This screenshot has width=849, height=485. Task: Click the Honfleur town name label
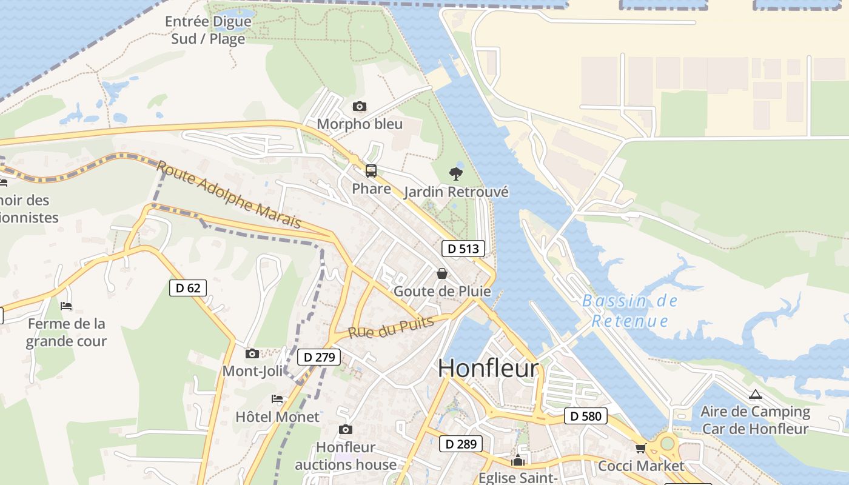point(488,368)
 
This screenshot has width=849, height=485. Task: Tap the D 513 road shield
point(463,248)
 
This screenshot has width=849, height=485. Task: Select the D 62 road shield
point(187,288)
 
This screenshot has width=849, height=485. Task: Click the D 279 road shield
point(319,357)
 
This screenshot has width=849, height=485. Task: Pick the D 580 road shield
point(585,416)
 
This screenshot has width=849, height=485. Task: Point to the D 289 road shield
point(461,444)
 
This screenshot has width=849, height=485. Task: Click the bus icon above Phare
point(371,171)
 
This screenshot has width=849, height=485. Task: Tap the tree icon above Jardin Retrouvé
point(456,174)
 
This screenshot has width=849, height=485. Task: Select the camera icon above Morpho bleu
point(360,107)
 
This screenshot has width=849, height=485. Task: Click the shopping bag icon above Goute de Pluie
point(442,273)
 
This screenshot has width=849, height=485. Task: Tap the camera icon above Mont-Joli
point(252,353)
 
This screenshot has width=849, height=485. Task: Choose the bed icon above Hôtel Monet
point(277,399)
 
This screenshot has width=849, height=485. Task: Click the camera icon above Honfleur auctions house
point(346,430)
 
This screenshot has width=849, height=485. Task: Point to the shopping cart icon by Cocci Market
point(640,449)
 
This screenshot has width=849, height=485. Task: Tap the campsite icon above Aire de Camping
point(755,395)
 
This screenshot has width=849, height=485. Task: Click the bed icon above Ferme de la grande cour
point(66,306)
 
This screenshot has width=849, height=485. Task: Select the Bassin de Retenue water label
point(630,310)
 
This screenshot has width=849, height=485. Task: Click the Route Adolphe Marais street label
point(229,195)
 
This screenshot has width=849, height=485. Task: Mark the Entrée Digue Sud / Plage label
point(207,30)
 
